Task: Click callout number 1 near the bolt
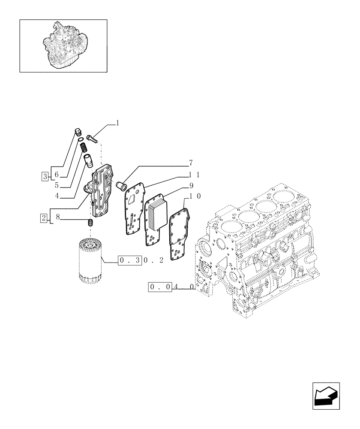coord(117,123)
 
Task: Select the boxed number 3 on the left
coord(45,175)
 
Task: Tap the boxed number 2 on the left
coord(44,218)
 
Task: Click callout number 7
coord(190,163)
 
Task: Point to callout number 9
coord(190,186)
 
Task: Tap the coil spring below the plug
coord(84,150)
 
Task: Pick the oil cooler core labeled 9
coord(155,212)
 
